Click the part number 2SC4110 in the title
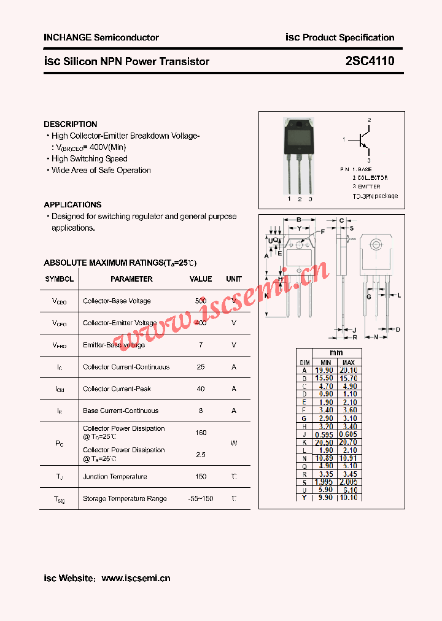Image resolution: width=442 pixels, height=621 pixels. click(x=370, y=61)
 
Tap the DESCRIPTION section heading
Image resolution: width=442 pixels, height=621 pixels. click(x=71, y=124)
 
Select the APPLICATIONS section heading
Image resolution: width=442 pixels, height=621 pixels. click(x=72, y=204)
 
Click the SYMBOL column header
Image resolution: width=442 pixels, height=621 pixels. click(x=59, y=279)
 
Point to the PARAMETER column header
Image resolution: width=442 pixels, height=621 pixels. click(x=131, y=279)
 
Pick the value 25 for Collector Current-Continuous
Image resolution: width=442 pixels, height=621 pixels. click(x=201, y=367)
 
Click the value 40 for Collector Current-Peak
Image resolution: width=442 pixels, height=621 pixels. click(x=201, y=389)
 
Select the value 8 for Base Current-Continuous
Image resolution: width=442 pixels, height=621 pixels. click(x=201, y=411)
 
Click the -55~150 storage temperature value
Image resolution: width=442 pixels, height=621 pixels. click(x=201, y=498)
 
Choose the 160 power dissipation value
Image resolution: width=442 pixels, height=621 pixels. click(x=201, y=433)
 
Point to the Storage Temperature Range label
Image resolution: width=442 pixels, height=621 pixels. click(x=125, y=498)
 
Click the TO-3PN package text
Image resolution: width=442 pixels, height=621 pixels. click(x=375, y=196)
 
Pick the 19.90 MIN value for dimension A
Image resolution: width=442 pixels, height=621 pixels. click(x=324, y=370)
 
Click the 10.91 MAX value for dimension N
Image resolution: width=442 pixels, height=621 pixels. click(x=349, y=458)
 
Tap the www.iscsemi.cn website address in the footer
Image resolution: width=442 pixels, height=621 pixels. click(x=136, y=578)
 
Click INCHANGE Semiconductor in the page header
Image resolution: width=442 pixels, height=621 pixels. click(x=101, y=37)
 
